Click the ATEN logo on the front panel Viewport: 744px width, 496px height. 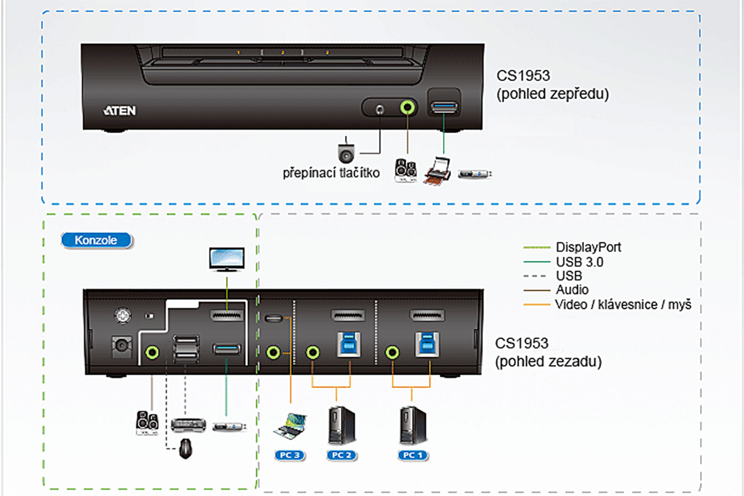[120, 110]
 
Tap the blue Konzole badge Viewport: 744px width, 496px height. [96, 240]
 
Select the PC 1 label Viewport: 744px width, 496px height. [413, 455]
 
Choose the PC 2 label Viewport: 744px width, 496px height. [342, 455]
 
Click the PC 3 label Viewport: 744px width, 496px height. [290, 455]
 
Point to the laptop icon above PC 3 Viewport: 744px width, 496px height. [290, 426]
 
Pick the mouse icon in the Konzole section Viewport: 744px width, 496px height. [185, 448]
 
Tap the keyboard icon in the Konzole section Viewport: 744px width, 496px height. [188, 425]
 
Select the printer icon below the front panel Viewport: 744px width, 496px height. [438, 171]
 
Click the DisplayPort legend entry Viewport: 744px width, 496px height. [588, 247]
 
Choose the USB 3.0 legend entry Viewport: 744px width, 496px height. [579, 262]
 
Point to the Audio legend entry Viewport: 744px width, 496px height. [572, 290]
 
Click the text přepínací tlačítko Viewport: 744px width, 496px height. [331, 173]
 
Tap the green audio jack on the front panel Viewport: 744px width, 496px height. [408, 108]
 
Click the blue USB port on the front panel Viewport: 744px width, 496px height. [444, 108]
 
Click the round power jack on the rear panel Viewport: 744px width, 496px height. [122, 346]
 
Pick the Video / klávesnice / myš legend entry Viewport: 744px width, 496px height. [623, 304]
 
